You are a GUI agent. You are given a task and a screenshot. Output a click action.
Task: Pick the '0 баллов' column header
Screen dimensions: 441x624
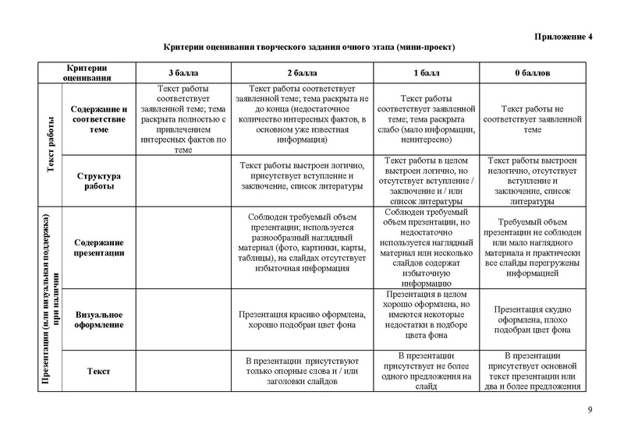533,72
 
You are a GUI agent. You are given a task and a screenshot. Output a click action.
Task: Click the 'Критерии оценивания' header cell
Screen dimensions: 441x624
87,72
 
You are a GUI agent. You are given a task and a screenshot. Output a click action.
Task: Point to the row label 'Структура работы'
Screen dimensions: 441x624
97,182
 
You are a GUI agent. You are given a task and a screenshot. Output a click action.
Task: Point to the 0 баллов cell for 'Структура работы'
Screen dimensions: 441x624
533,182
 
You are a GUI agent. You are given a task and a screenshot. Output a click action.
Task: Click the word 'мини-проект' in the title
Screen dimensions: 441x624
425,48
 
